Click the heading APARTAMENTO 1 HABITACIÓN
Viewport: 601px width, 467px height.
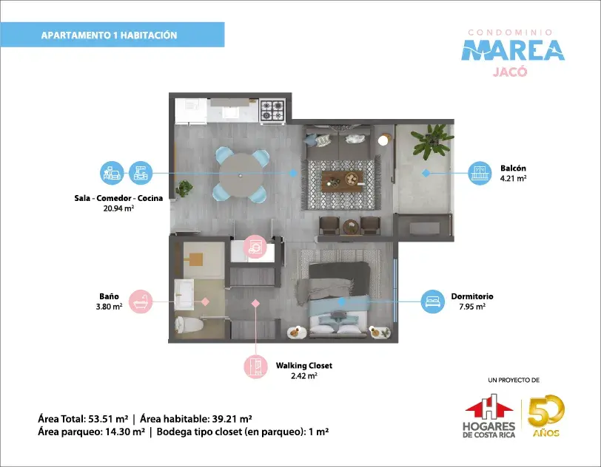click(110, 35)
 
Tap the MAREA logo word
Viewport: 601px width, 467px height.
click(513, 50)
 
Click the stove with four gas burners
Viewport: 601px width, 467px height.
click(272, 110)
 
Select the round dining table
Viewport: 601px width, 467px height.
click(240, 175)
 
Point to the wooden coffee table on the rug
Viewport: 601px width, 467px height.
click(342, 181)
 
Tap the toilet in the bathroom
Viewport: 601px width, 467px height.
click(189, 324)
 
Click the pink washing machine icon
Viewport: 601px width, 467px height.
click(255, 247)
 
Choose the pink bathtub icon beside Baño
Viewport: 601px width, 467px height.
click(141, 301)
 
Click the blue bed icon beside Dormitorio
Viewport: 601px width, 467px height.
click(433, 301)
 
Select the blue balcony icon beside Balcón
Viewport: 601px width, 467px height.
click(480, 173)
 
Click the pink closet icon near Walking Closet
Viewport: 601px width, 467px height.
click(255, 367)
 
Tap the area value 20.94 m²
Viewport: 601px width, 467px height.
click(118, 208)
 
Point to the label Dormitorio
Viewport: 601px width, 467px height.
click(472, 296)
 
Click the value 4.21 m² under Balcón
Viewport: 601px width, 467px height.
click(513, 178)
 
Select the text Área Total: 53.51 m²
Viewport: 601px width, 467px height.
click(83, 419)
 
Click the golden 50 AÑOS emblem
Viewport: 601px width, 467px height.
click(545, 416)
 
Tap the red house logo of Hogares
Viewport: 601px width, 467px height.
click(489, 407)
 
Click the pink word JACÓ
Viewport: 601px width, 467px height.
click(510, 72)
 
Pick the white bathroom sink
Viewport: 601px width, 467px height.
click(184, 294)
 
